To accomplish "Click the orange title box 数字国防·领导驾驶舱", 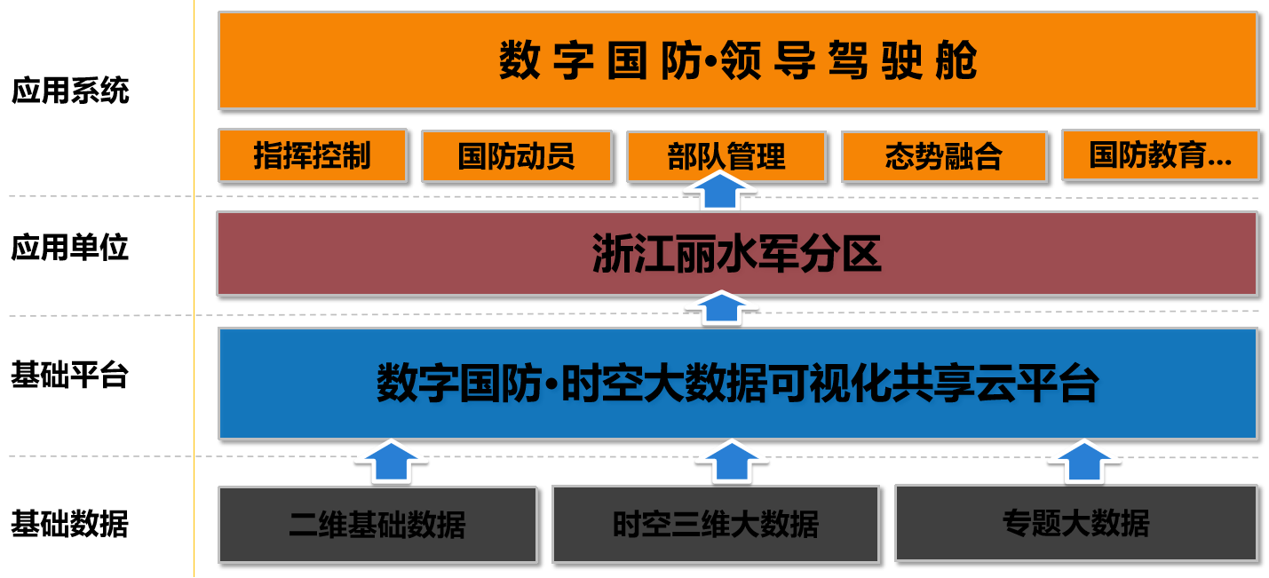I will click(x=737, y=60).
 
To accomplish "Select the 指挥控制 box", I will click(x=312, y=155).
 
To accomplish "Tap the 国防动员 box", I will click(x=516, y=156).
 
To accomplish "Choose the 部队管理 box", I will click(x=726, y=156).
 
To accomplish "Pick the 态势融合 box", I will click(x=943, y=156).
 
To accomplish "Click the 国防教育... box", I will click(x=1160, y=155).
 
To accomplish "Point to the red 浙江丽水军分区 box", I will click(x=737, y=254).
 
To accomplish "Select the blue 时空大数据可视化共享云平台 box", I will click(x=737, y=384).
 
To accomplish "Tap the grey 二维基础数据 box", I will click(x=377, y=524).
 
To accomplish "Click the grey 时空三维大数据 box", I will click(x=716, y=524).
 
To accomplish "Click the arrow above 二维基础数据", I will click(x=391, y=461).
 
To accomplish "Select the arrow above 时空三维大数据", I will click(x=731, y=461).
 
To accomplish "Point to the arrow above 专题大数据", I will click(x=1084, y=461).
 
